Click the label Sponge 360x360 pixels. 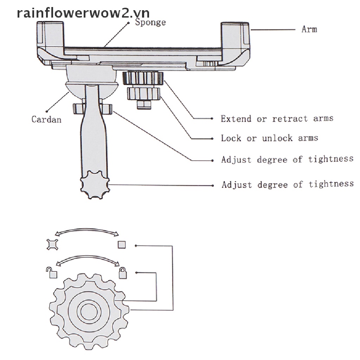pos(150,22)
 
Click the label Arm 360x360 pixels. pos(309,29)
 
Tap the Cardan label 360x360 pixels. pos(46,119)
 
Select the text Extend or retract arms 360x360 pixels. pos(277,118)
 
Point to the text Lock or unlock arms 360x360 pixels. pos(269,138)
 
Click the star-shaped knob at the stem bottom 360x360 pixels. pos(95,187)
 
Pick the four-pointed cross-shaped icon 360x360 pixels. pos(52,244)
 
